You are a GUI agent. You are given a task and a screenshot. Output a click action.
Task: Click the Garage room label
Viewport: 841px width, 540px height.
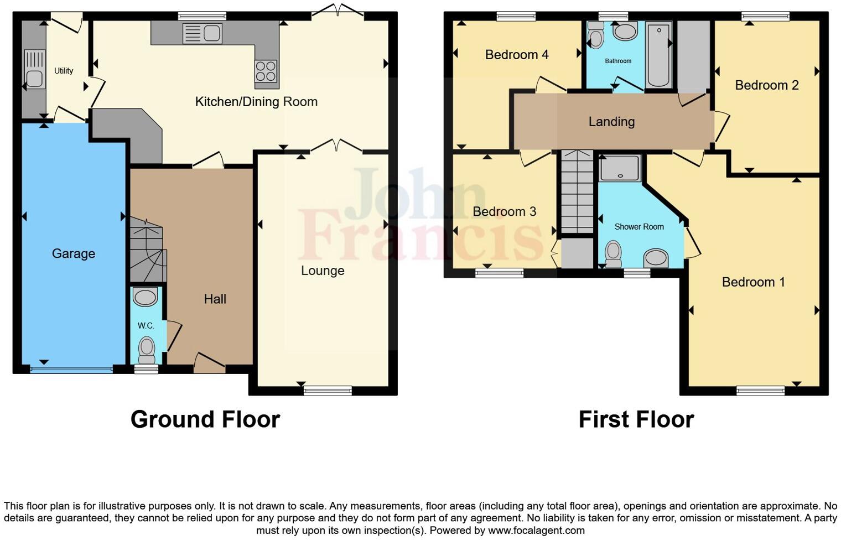tap(74, 253)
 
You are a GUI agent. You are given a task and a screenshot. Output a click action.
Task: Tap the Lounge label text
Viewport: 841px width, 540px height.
tap(323, 271)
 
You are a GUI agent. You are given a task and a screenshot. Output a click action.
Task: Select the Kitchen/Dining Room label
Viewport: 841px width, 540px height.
tap(256, 102)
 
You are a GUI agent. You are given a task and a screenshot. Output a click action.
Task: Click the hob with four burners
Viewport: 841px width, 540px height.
tap(266, 71)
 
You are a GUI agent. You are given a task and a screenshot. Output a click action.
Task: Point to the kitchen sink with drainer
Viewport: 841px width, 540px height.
tap(202, 34)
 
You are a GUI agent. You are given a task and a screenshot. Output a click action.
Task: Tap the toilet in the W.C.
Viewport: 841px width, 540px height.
tap(147, 349)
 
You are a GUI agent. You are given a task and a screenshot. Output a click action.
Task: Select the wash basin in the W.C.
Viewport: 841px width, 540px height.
tap(146, 297)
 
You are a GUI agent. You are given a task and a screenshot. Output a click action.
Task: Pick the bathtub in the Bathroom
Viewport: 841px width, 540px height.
tap(658, 55)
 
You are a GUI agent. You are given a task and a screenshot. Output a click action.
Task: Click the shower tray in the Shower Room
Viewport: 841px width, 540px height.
tap(619, 168)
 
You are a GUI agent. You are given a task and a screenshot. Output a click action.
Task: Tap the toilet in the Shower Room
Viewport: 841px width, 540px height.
tap(613, 253)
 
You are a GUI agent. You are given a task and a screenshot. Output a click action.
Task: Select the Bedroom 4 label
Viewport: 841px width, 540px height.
tap(517, 55)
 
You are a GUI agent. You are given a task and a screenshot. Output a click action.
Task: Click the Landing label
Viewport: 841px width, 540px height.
tap(611, 122)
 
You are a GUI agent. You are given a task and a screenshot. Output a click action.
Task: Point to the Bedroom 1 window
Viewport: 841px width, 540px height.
tap(760, 391)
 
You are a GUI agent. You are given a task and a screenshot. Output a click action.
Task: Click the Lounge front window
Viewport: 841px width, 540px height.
tap(328, 391)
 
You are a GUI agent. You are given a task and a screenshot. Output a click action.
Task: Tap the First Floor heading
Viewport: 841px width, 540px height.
tap(636, 419)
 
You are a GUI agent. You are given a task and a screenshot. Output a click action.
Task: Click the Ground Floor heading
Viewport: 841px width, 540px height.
tap(205, 419)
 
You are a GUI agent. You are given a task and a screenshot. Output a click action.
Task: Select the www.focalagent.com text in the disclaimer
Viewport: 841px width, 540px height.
tap(536, 530)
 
